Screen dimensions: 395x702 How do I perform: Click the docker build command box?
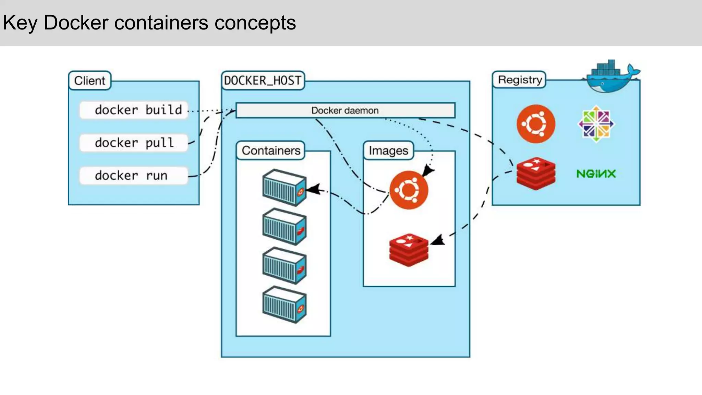click(x=134, y=110)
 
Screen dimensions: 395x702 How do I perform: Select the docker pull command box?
click(x=134, y=143)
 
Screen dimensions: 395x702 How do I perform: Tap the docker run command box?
click(x=134, y=176)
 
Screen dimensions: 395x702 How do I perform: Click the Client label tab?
click(x=90, y=81)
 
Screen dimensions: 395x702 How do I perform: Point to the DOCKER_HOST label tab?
click(x=263, y=81)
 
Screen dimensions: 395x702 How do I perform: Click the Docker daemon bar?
click(x=345, y=110)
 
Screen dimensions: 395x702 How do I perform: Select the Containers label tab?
click(x=271, y=151)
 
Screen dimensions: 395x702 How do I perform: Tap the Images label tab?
click(x=388, y=151)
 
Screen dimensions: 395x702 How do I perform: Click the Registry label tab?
click(x=520, y=80)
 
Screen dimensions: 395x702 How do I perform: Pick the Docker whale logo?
click(x=610, y=77)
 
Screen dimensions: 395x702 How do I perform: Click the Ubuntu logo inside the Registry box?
click(x=536, y=124)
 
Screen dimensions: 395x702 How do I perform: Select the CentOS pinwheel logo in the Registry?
click(x=596, y=124)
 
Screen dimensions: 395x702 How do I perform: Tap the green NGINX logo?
click(x=596, y=174)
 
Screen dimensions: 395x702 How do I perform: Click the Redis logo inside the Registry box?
click(x=536, y=174)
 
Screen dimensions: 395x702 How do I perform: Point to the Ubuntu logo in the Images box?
click(x=409, y=190)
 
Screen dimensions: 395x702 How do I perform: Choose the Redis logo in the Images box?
click(x=409, y=250)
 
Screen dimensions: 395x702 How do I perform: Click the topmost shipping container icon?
click(x=284, y=188)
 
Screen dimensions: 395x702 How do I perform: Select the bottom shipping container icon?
click(x=284, y=305)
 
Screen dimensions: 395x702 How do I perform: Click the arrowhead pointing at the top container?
click(x=314, y=189)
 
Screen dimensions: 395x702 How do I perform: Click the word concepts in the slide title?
click(x=255, y=23)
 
